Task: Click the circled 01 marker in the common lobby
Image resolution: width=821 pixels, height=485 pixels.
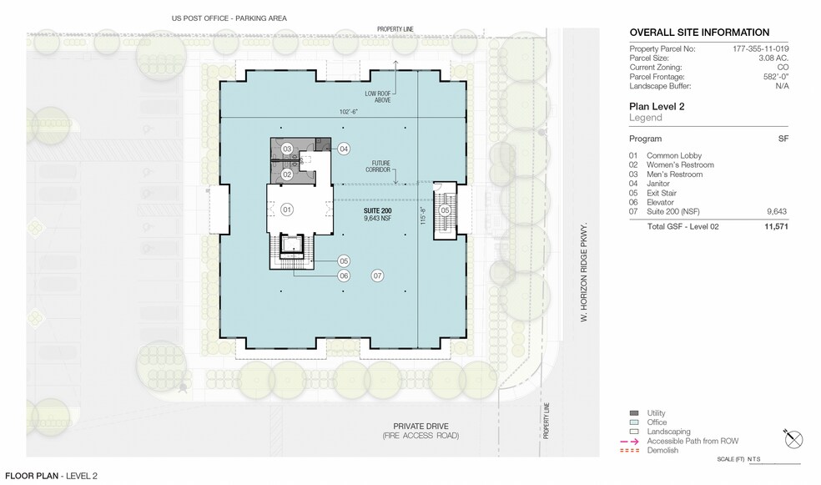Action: point(287,210)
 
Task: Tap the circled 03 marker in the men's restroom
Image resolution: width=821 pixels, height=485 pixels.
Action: point(287,149)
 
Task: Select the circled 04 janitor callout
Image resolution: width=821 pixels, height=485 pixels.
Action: point(344,149)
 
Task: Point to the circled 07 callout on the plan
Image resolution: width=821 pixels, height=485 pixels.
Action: point(377,275)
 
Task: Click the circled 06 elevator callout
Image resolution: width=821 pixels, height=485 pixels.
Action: point(344,275)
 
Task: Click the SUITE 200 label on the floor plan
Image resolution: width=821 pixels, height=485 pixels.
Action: point(377,210)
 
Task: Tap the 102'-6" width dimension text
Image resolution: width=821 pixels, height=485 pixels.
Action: point(349,112)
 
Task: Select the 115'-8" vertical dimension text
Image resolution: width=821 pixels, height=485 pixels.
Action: point(423,216)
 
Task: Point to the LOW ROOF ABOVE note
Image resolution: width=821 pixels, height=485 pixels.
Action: point(378,97)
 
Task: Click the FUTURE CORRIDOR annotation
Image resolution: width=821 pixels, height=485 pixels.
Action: point(378,166)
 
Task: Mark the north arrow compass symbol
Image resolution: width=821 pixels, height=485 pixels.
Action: point(793,439)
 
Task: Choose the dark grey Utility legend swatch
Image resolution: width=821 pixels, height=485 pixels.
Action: point(634,412)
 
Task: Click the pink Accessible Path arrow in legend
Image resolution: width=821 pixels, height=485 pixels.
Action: point(629,441)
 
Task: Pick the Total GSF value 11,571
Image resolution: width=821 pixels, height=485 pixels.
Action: point(776,226)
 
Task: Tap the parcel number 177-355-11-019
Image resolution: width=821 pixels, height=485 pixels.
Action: point(760,48)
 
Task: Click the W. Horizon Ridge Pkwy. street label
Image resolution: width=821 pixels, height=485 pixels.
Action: point(584,272)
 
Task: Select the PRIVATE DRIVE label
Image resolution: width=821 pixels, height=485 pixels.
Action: point(421,427)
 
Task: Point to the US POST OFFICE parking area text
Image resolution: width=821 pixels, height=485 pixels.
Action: point(229,18)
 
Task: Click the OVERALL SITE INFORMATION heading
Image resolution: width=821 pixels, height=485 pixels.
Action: point(699,32)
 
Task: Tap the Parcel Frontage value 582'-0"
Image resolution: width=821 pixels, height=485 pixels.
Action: point(776,77)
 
